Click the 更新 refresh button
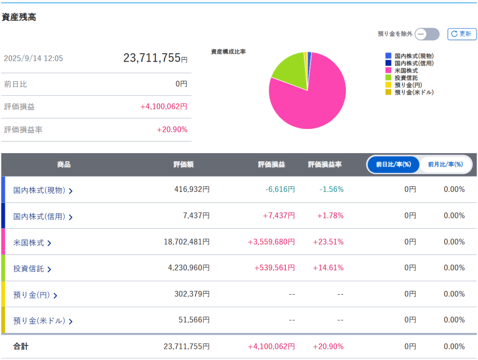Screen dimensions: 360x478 pyautogui.click(x=462, y=34)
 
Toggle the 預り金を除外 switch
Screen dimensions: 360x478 pyautogui.click(x=427, y=34)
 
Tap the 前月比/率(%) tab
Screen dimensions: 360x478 pyautogui.click(x=445, y=164)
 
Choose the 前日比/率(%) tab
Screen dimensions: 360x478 pyautogui.click(x=394, y=164)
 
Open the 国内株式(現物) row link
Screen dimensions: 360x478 pyautogui.click(x=42, y=190)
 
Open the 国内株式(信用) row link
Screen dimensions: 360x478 pyautogui.click(x=42, y=217)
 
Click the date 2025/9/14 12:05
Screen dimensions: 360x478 pyautogui.click(x=33, y=58)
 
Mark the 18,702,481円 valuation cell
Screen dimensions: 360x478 pyautogui.click(x=186, y=242)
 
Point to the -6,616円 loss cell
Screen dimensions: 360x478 pyautogui.click(x=280, y=190)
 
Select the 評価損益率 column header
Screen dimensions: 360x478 pyautogui.click(x=324, y=165)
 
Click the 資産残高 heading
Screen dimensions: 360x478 pyautogui.click(x=19, y=17)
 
